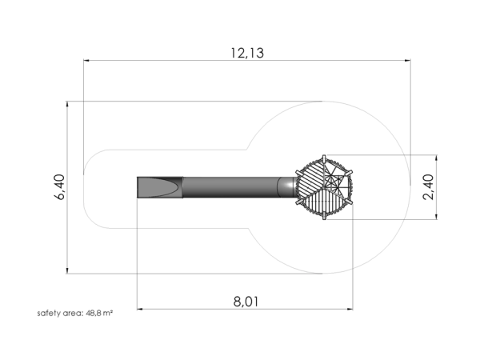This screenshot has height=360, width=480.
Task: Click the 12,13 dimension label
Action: tap(247, 53)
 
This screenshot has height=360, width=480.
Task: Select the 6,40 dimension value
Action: tap(60, 187)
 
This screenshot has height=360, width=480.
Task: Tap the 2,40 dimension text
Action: tap(428, 187)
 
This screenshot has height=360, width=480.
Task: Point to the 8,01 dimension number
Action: tap(246, 302)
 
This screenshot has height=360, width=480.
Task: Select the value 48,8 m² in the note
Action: tap(99, 313)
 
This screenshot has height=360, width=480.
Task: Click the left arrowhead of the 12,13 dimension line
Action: tap(86, 61)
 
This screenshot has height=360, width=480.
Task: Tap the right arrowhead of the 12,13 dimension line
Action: tap(408, 61)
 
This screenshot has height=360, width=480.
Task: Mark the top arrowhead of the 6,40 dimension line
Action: tap(67, 104)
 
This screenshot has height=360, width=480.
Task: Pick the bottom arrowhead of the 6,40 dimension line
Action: tap(67, 270)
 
